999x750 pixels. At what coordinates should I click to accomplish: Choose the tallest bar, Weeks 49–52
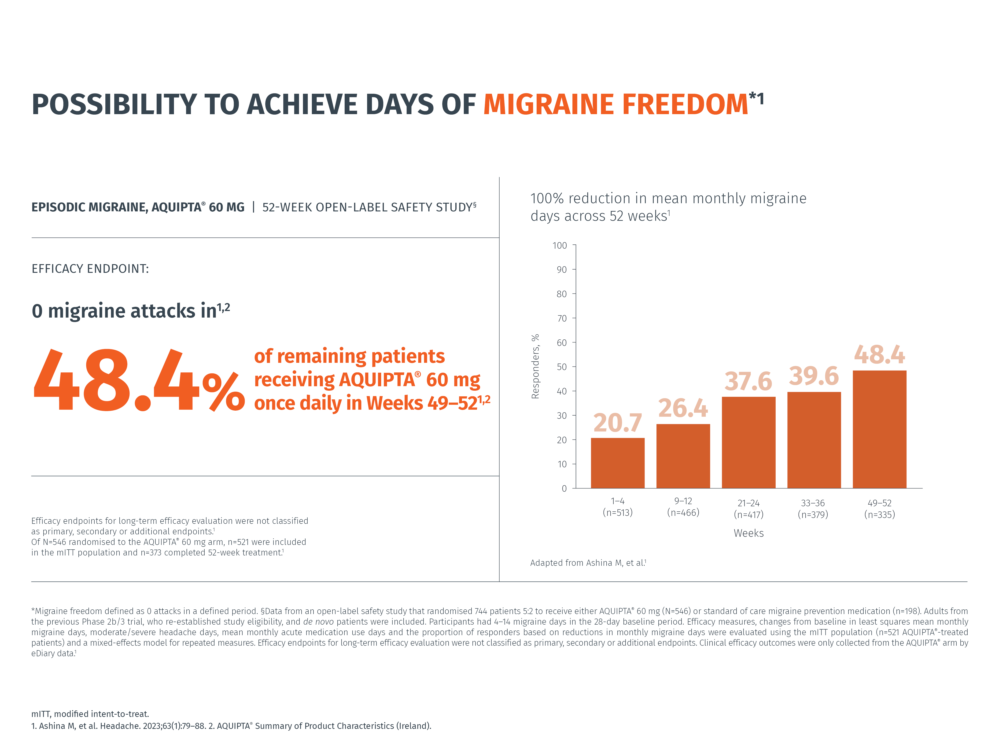(x=879, y=429)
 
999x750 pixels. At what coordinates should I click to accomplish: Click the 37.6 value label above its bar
(x=748, y=381)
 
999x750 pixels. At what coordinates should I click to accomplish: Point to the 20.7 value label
(x=617, y=423)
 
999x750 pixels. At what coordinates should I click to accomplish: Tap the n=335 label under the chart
(x=879, y=514)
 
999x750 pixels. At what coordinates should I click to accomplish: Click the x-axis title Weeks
(x=748, y=533)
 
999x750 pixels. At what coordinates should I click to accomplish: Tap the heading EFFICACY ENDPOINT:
(x=90, y=269)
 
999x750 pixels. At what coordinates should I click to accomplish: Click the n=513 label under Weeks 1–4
(x=617, y=513)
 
